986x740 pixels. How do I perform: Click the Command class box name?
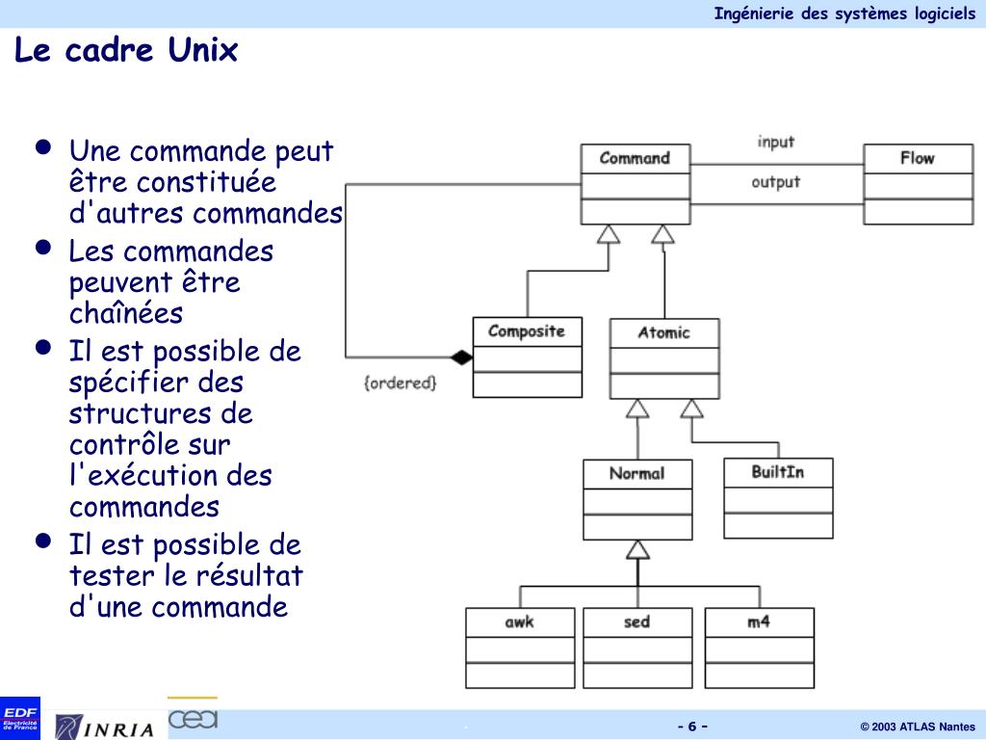(635, 158)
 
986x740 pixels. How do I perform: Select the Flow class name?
(917, 158)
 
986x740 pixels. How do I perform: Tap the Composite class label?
(527, 331)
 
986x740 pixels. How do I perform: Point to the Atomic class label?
(663, 332)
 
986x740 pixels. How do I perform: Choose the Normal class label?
(636, 473)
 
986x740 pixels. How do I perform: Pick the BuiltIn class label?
(778, 472)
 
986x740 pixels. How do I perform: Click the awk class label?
(519, 621)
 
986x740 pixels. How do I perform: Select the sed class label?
(636, 621)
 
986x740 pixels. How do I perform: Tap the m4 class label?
(759, 621)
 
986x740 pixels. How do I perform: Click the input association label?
(776, 142)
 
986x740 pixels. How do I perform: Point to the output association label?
(776, 181)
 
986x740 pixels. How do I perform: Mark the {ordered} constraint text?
(400, 383)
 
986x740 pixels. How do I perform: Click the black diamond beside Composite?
(462, 357)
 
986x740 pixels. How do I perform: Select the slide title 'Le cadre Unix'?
(126, 50)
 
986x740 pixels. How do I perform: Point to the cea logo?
(193, 718)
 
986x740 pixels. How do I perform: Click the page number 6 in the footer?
(692, 727)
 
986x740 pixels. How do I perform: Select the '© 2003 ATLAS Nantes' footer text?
(917, 727)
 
